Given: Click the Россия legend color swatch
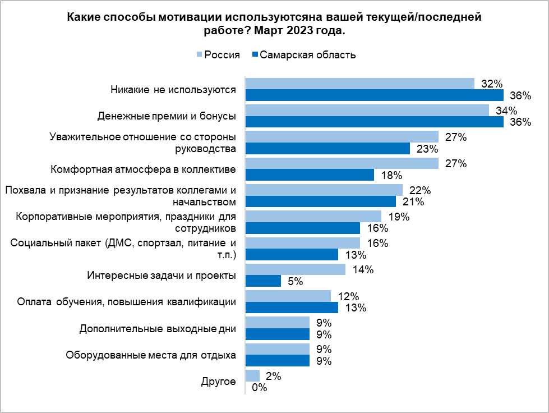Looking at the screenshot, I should [199, 55].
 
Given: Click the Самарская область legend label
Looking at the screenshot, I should [308, 55].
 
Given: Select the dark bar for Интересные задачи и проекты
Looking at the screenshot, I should [264, 281].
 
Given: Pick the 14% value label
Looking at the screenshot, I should [363, 269].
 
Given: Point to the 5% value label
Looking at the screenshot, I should [295, 282].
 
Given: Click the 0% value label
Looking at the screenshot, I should [259, 387].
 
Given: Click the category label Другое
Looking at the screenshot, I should [219, 382].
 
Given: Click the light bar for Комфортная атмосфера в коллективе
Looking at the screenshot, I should [342, 163].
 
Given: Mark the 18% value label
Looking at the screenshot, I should [391, 175].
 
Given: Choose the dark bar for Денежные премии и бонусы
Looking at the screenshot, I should [375, 122].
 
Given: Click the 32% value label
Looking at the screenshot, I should [491, 84].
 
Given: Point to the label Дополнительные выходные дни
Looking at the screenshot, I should [158, 328].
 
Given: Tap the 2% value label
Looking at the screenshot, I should [274, 376].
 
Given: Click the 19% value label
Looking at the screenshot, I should [398, 217].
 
